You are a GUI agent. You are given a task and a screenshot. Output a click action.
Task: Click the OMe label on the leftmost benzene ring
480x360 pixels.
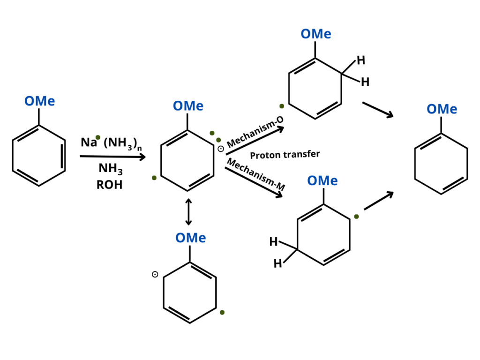point(39,101)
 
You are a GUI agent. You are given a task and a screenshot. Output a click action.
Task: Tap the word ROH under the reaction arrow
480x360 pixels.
point(109,185)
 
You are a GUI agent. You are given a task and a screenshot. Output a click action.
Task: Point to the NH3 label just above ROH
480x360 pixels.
point(110,168)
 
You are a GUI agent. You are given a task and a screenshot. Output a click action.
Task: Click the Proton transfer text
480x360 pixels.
point(285,155)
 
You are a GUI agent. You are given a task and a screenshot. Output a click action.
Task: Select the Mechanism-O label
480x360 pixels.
point(255,132)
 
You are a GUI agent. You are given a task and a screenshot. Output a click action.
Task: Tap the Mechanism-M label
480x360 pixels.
point(256,174)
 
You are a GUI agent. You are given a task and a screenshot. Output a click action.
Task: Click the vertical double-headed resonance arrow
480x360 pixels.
point(188,212)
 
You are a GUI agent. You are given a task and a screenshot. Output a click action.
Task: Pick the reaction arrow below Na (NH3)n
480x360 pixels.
point(113,156)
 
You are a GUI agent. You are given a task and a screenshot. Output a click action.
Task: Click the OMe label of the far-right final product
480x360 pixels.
point(442,109)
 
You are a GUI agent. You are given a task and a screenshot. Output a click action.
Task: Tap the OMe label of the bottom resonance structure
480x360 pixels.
point(190,238)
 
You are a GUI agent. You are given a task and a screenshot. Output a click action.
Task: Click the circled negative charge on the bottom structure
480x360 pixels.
point(155,275)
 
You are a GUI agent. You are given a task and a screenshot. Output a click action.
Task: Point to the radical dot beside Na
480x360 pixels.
point(98,137)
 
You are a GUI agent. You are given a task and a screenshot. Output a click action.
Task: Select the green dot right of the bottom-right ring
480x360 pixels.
point(356,217)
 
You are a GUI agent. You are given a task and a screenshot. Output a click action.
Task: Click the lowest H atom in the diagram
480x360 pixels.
point(277,264)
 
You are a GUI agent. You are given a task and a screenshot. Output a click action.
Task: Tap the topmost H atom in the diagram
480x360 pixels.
point(360,60)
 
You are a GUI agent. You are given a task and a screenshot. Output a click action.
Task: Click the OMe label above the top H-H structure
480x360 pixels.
point(315,34)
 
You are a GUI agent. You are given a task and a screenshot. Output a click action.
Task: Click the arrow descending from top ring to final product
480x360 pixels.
point(377,110)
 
